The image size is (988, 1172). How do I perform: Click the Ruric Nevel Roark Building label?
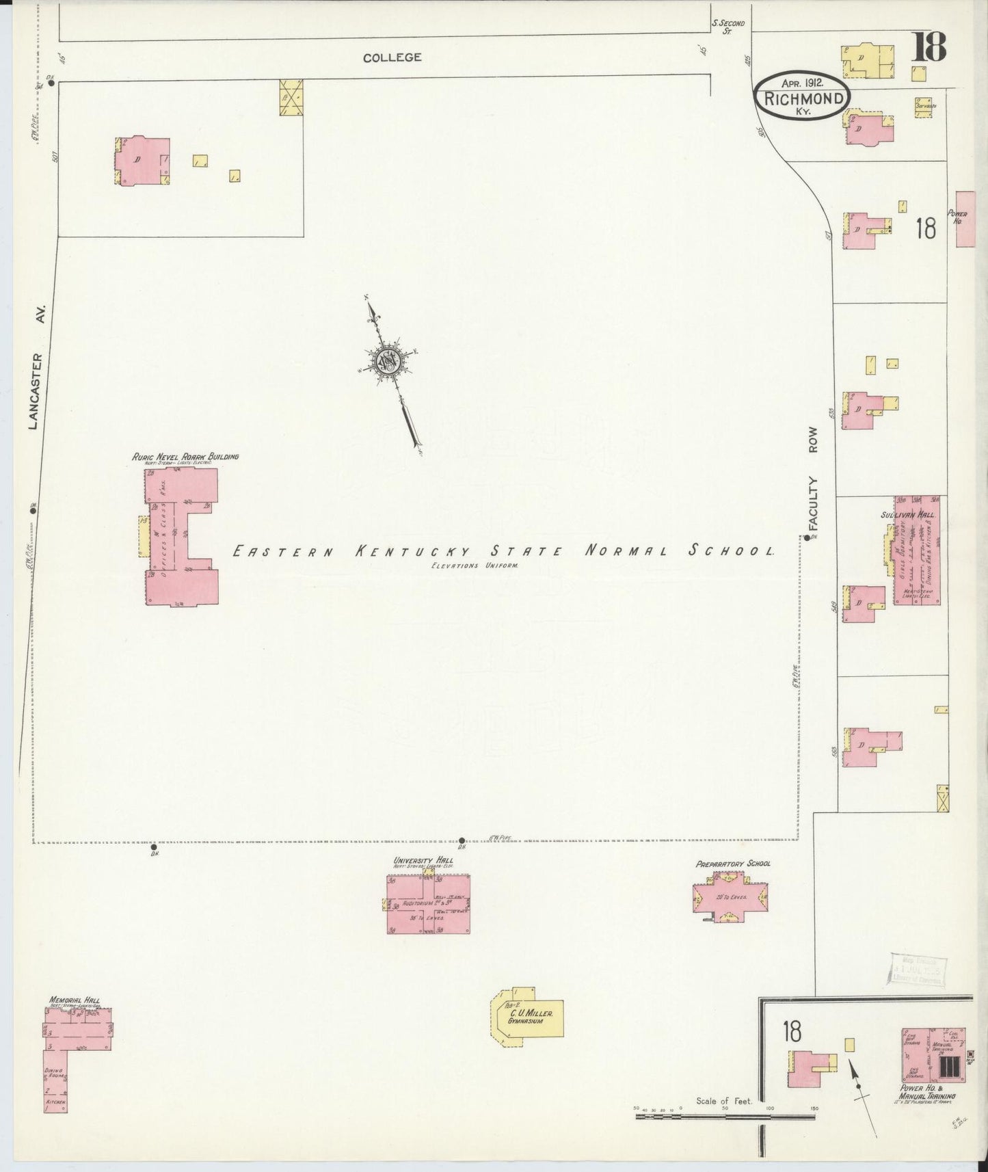click(x=185, y=456)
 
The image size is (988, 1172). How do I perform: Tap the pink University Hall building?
click(x=428, y=903)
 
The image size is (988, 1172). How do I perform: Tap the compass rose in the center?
click(x=388, y=361)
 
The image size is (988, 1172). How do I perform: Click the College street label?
click(x=392, y=58)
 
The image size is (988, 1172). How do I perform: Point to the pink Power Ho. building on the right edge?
click(x=964, y=219)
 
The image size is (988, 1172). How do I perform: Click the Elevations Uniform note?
click(x=475, y=566)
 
